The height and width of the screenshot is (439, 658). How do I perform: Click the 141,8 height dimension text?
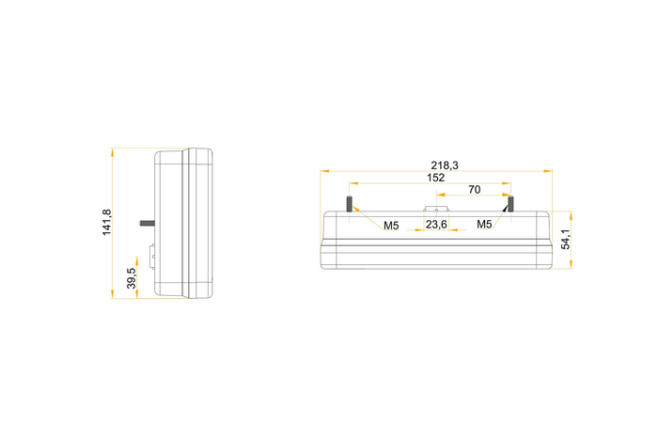(x=107, y=223)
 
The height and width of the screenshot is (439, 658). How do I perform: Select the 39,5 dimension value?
(x=132, y=278)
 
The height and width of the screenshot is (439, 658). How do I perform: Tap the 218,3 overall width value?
(x=445, y=165)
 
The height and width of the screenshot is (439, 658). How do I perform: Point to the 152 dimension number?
(x=435, y=177)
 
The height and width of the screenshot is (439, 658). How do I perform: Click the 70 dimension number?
(x=474, y=190)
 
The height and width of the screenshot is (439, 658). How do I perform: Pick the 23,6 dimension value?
(x=436, y=225)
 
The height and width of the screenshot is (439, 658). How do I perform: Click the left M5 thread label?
(x=391, y=225)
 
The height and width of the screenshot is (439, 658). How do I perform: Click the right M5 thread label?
(x=484, y=225)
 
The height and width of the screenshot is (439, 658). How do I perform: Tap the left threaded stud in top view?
(x=349, y=203)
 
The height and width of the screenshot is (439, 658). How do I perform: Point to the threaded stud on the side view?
(x=148, y=223)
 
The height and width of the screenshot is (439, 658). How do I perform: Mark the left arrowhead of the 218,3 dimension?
(x=323, y=171)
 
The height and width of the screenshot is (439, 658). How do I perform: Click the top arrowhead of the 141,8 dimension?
(x=112, y=149)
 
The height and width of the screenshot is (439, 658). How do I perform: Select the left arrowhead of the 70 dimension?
(x=438, y=196)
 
